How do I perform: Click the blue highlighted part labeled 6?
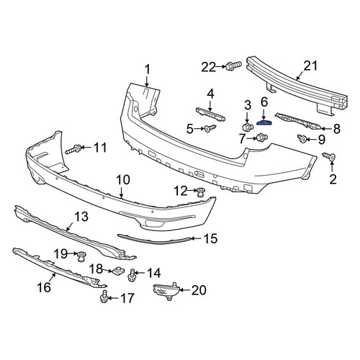click(264, 122)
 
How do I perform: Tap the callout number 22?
click(209, 67)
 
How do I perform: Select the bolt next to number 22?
click(233, 66)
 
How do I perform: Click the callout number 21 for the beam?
click(310, 66)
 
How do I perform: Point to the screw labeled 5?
click(210, 128)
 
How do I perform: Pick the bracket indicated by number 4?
click(210, 114)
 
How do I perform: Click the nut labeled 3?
click(248, 127)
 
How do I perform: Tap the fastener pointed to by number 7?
click(262, 138)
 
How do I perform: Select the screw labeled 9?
click(302, 138)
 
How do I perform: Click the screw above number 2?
click(329, 156)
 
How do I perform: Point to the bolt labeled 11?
click(73, 149)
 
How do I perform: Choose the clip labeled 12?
click(200, 192)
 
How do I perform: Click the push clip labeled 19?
click(82, 256)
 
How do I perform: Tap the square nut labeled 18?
click(117, 271)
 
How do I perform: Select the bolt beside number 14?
click(132, 275)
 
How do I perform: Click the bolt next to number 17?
click(104, 296)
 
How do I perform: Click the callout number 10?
click(123, 180)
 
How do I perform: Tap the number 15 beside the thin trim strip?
click(210, 238)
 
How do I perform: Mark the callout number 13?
click(81, 217)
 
